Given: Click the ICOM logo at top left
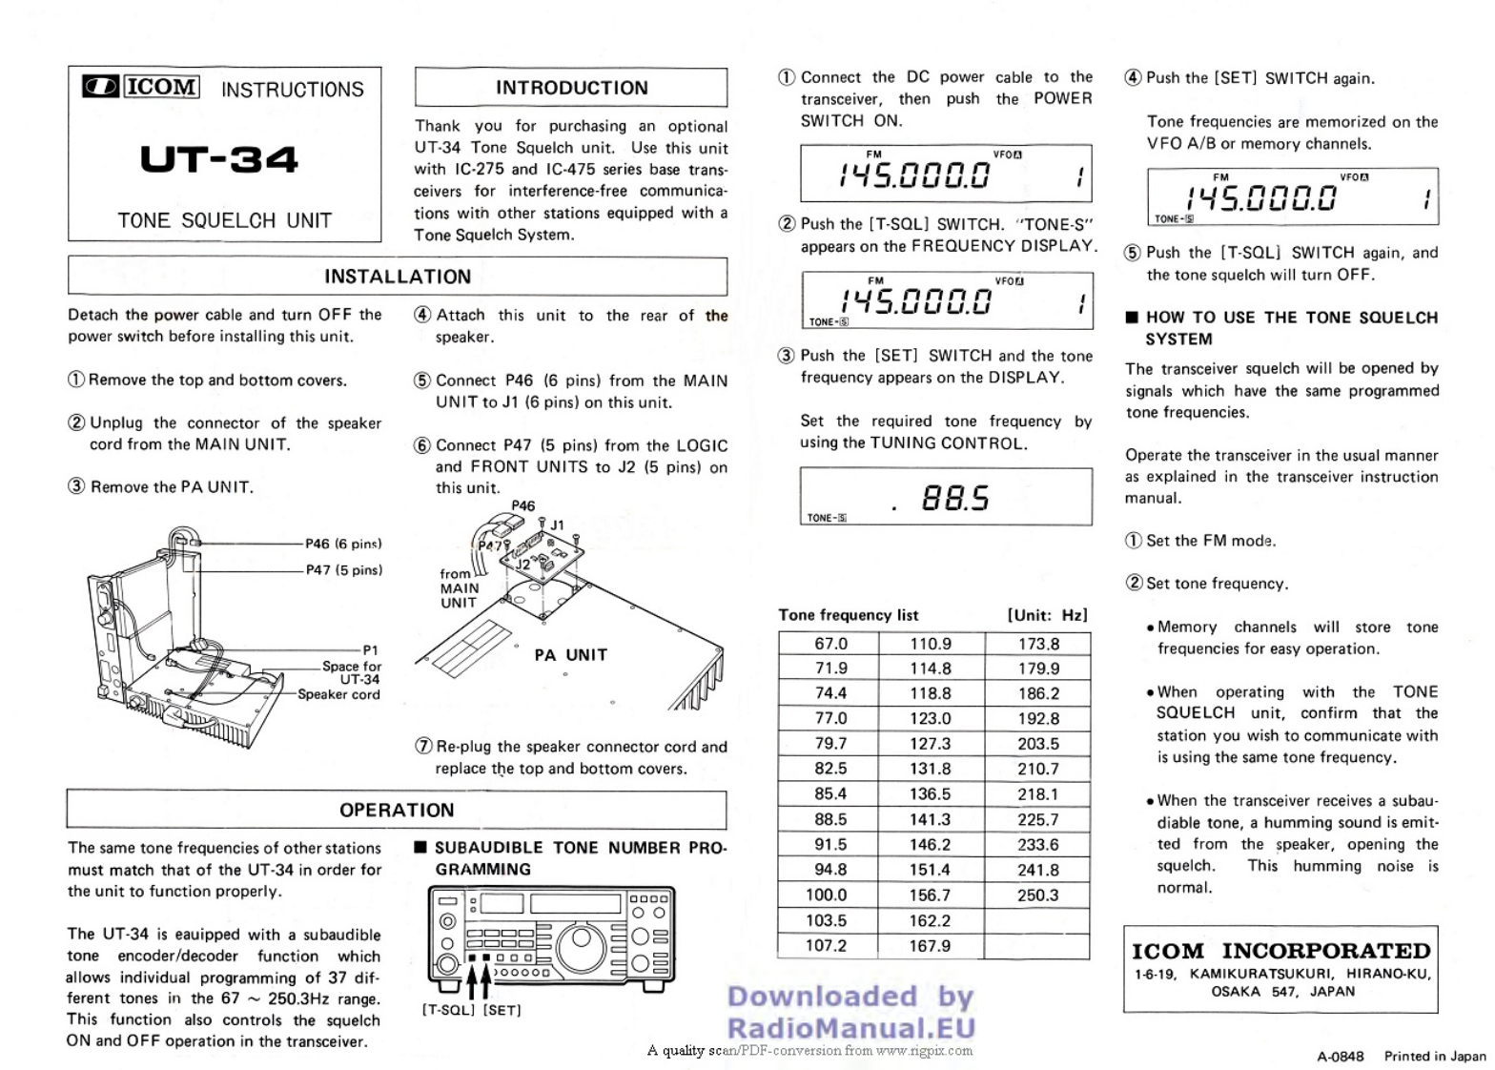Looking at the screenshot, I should [x=141, y=88].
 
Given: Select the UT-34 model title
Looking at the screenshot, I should [x=219, y=159].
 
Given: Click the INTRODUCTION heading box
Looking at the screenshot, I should [x=571, y=88].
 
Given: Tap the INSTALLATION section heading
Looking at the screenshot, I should [x=398, y=277].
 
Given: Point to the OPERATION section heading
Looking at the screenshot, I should [x=397, y=810].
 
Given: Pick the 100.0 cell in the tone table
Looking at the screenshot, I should [x=826, y=895].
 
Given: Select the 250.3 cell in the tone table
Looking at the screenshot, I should [x=1037, y=895].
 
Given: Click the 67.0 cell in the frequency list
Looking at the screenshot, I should [x=830, y=644].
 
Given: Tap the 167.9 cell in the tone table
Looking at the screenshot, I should [x=930, y=946].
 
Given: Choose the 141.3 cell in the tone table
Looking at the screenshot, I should [x=930, y=819].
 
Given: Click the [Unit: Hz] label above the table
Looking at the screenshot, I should [x=1047, y=615].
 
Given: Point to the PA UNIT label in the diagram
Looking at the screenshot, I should [x=570, y=655].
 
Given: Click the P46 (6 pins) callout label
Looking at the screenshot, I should [x=343, y=544].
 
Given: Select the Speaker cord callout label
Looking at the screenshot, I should [x=338, y=694].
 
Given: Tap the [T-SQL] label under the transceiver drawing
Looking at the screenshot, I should [x=448, y=1010].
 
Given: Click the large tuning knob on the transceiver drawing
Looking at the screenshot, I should [x=580, y=946].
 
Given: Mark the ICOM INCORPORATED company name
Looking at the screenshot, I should [x=1280, y=951].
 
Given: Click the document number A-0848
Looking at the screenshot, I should [x=1340, y=1056].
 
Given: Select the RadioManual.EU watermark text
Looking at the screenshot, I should [x=850, y=1027].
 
